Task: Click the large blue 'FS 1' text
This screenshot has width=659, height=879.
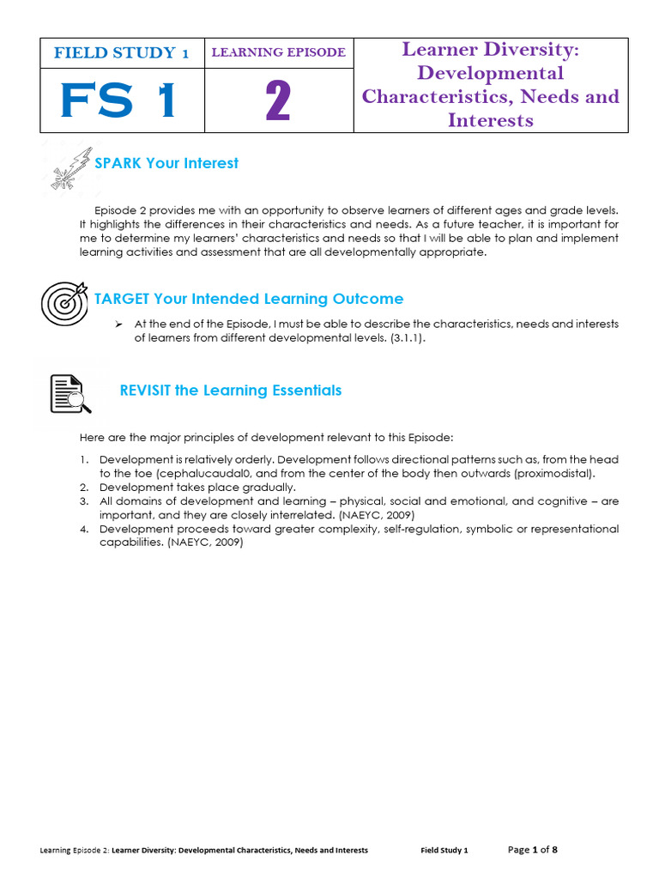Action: coord(119,100)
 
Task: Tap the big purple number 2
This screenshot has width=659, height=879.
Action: coord(278,102)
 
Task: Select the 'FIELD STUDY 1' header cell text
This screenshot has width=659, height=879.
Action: coord(121,53)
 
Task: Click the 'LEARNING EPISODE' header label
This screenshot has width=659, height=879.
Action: coord(278,52)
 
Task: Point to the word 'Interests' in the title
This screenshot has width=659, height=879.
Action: coord(490,119)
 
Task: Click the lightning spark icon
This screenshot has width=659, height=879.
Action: coord(67,167)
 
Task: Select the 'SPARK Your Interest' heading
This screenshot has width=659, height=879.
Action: coord(166,163)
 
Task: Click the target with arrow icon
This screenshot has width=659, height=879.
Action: coord(64,302)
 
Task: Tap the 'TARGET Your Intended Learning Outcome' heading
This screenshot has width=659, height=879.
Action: coord(249,299)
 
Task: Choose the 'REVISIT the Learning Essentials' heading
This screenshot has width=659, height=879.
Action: coord(230,391)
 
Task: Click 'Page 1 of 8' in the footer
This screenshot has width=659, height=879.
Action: coord(532,850)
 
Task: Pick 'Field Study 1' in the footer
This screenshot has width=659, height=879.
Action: coord(444,851)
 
